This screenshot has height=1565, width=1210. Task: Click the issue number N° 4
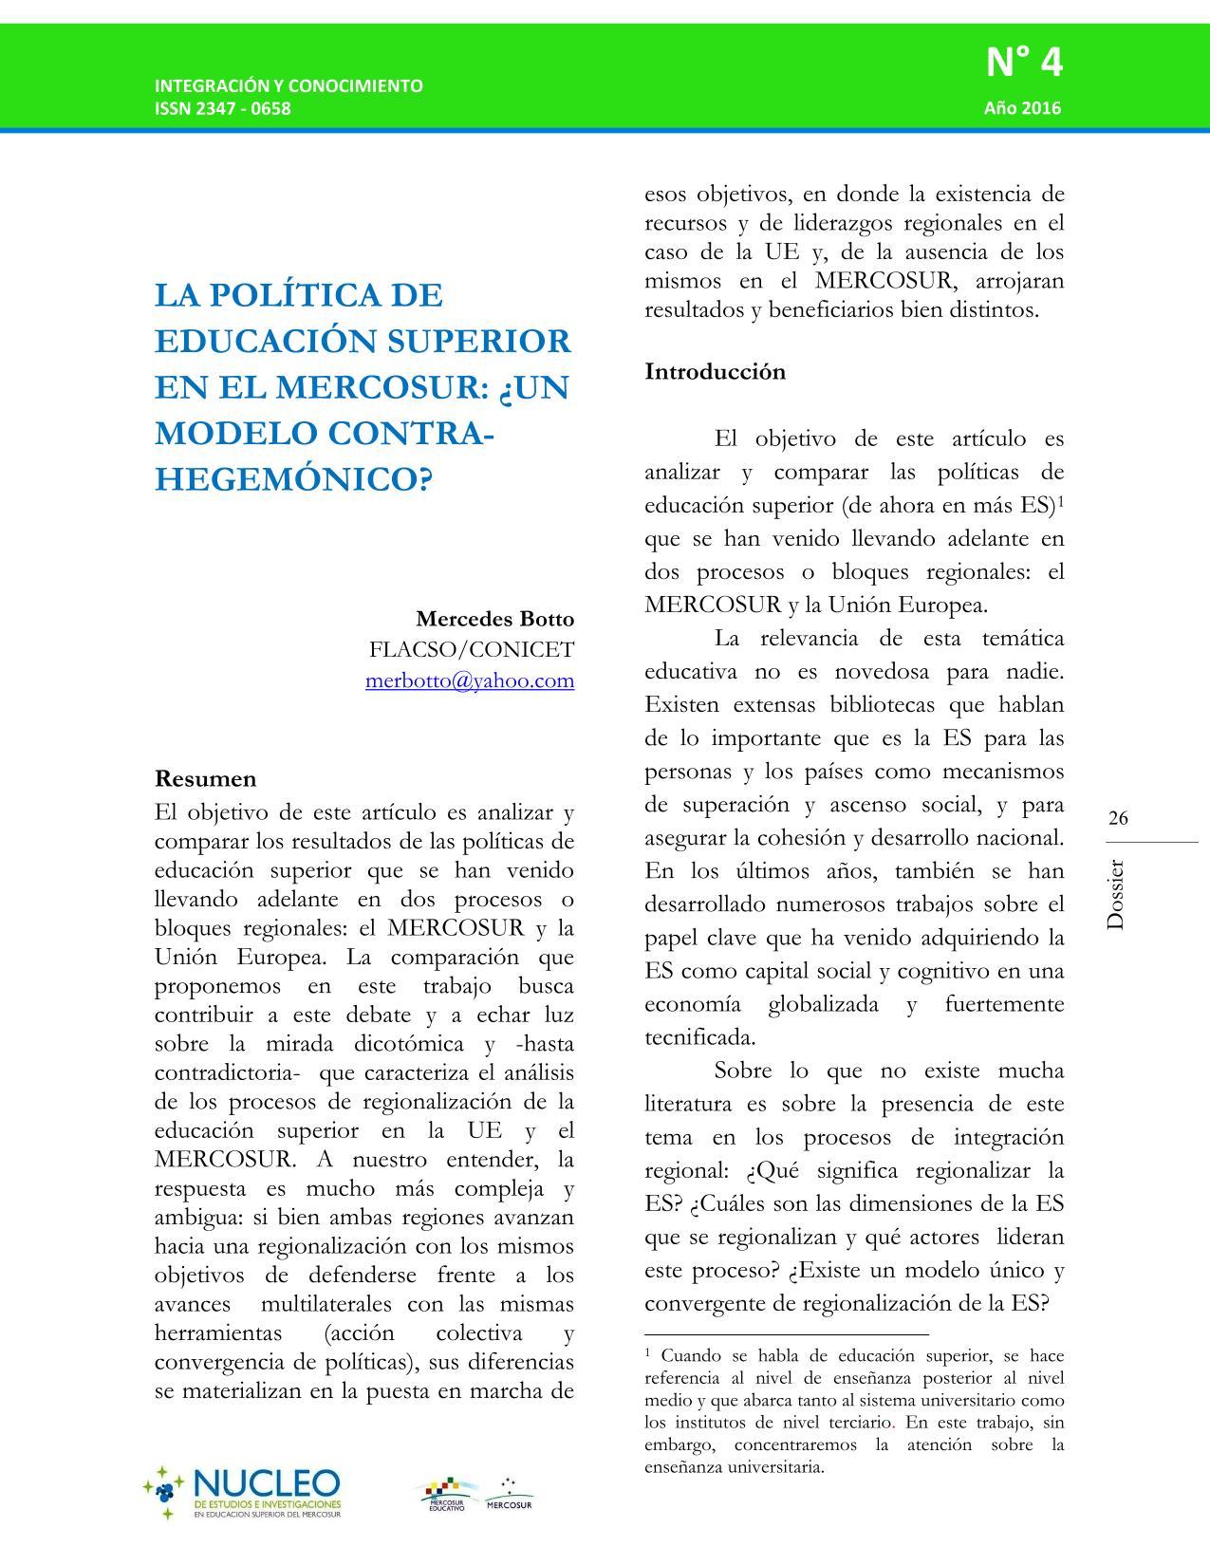pyautogui.click(x=1024, y=64)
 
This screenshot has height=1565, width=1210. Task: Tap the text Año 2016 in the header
pyautogui.click(x=1022, y=107)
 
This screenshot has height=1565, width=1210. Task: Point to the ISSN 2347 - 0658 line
pyautogui.click(x=223, y=107)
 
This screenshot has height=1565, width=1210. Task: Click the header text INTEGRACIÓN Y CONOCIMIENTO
pyautogui.click(x=289, y=85)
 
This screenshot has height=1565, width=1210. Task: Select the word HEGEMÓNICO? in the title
pyautogui.click(x=293, y=479)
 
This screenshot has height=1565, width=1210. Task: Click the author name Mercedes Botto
pyautogui.click(x=494, y=619)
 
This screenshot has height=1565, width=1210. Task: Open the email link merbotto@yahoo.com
pyautogui.click(x=470, y=680)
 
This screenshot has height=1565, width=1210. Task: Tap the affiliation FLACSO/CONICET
pyautogui.click(x=472, y=649)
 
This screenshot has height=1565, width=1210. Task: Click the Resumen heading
pyautogui.click(x=205, y=778)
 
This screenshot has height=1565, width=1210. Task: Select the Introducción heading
pyautogui.click(x=715, y=371)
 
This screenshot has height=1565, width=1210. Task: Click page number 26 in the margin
pyautogui.click(x=1118, y=818)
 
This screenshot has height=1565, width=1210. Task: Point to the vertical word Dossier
pyautogui.click(x=1116, y=895)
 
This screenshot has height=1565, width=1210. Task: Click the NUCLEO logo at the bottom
pyautogui.click(x=243, y=1493)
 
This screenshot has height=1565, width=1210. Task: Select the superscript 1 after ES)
pyautogui.click(x=1060, y=499)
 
